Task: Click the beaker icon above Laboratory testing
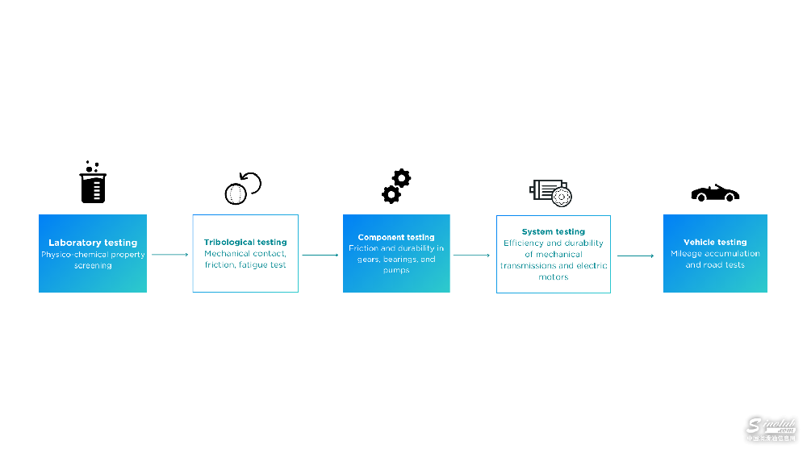[x=93, y=183]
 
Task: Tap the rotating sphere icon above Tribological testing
[x=242, y=188]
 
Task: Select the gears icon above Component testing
[x=396, y=186]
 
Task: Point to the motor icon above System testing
[x=552, y=190]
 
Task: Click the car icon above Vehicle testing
[x=715, y=193]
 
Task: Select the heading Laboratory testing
[x=93, y=243]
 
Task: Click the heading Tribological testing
[x=245, y=242]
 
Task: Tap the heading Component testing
[x=396, y=237]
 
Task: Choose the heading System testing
[x=554, y=232]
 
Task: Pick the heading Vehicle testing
[x=715, y=242]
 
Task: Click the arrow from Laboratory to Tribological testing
[x=169, y=255]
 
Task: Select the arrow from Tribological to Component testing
[x=320, y=256]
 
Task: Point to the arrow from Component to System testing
[x=472, y=256]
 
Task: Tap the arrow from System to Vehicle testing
[x=636, y=256]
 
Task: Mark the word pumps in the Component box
[x=396, y=270]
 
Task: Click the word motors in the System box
[x=554, y=277]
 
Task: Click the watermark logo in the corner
[x=771, y=430]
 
